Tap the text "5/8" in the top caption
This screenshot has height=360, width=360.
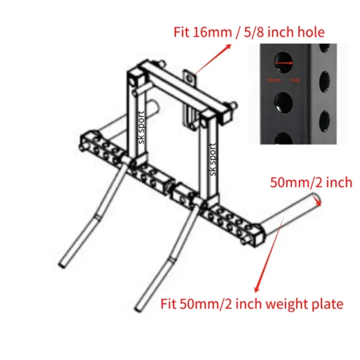pos(245,32)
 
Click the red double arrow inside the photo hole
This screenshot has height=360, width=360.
pos(284,61)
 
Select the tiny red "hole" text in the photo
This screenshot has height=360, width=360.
pos(295,79)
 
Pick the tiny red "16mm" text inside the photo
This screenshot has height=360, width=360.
pos(274,79)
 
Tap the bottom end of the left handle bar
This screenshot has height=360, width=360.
pos(64,263)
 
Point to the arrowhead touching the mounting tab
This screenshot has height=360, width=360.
pos(195,74)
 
